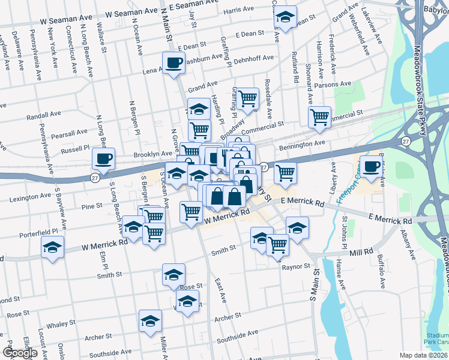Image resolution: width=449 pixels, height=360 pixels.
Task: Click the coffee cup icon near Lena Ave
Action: point(174,62)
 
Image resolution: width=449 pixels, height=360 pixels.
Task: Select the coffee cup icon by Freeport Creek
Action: point(372,166)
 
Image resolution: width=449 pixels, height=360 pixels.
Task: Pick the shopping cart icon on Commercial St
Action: point(319,117)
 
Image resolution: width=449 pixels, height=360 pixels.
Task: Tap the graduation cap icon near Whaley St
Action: point(150,320)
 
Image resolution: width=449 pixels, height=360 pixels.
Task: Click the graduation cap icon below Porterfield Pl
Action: point(52,247)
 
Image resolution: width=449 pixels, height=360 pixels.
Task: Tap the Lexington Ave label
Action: point(29,196)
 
